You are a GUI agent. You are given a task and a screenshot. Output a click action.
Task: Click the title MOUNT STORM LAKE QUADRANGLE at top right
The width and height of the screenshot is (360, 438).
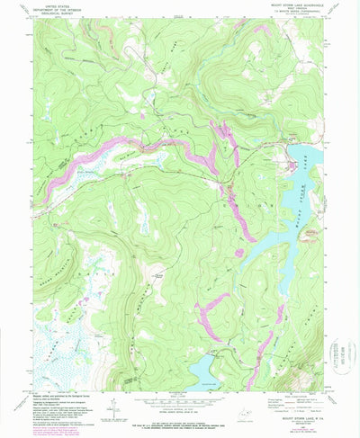[305, 5]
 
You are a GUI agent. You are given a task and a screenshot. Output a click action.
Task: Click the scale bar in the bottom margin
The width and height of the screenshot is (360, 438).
[179, 406]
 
